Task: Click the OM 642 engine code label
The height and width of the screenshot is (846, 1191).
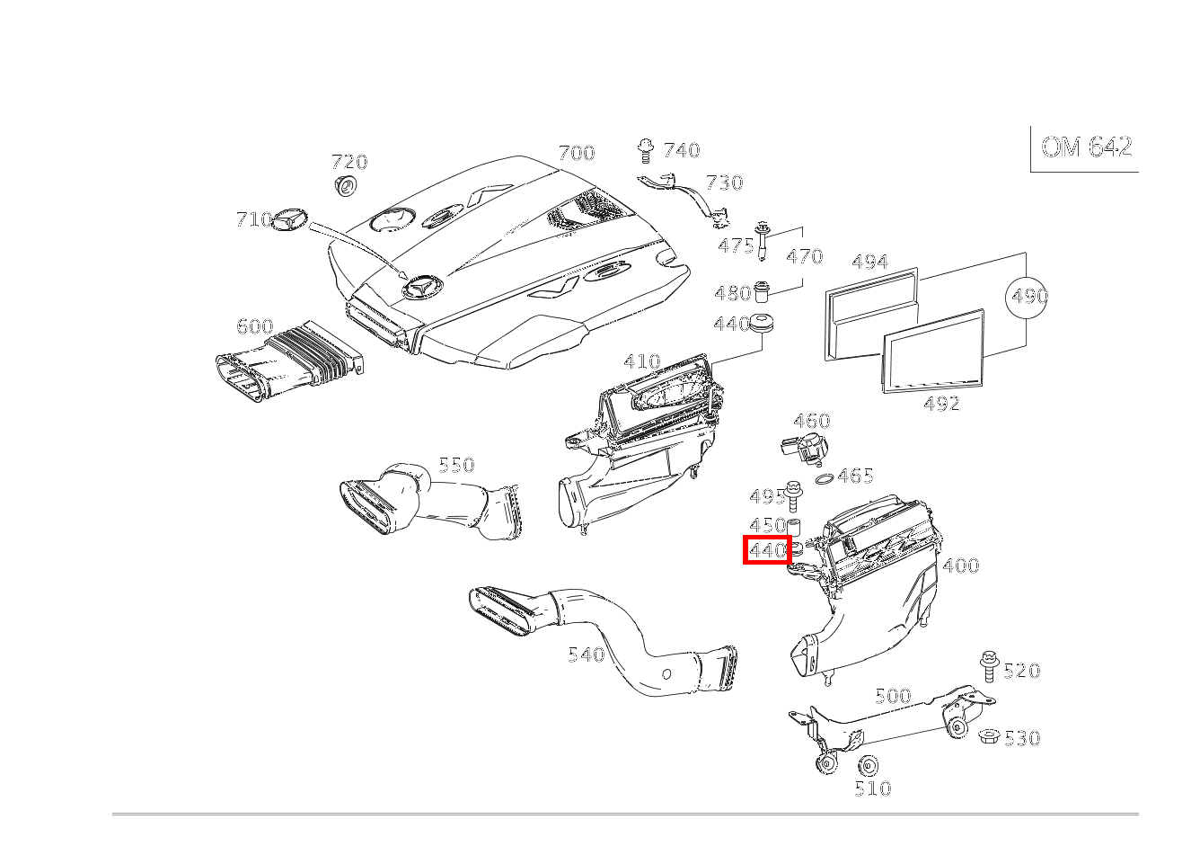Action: (1087, 147)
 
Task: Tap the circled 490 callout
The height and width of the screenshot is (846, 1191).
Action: (1026, 297)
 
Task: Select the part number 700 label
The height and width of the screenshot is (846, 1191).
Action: (577, 153)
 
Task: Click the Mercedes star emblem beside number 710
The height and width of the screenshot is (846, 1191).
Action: (290, 218)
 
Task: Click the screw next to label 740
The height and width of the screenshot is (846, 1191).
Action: (645, 150)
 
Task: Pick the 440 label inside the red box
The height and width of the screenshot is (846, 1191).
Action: (766, 549)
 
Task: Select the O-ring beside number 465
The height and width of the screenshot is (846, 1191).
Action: (825, 478)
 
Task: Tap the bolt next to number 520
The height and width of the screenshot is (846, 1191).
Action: (989, 666)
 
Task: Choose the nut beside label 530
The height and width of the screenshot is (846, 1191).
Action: (989, 735)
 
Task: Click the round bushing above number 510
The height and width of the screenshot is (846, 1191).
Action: (868, 766)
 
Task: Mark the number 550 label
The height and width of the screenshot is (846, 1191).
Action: (456, 465)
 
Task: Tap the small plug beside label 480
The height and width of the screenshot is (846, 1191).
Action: (762, 291)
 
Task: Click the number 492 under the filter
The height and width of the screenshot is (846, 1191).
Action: (941, 404)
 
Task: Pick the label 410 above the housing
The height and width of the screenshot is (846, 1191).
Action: (642, 361)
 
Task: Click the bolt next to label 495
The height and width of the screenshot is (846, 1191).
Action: (793, 494)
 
